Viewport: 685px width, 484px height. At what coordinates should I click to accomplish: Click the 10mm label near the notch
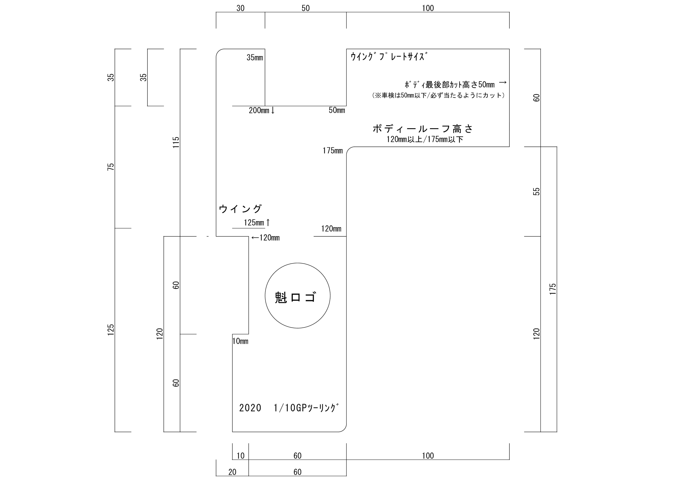pos(240,341)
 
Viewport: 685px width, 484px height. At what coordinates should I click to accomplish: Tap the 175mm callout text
pos(333,151)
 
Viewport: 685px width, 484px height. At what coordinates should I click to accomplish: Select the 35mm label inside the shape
pos(255,58)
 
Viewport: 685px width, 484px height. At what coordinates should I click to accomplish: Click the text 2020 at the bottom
pos(250,408)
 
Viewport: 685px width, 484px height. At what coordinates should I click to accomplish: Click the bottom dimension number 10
pos(240,456)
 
